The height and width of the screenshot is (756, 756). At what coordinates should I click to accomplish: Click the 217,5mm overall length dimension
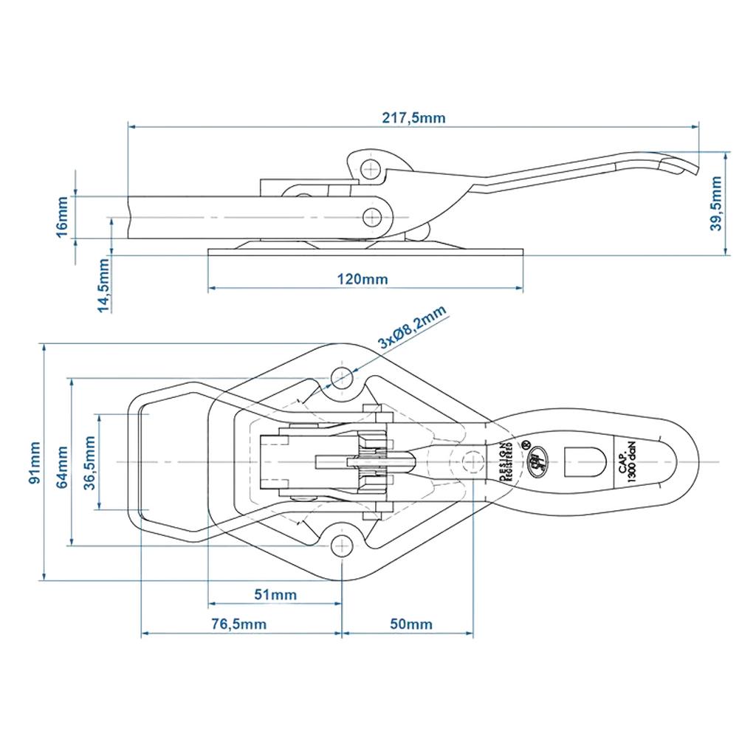pyautogui.click(x=413, y=117)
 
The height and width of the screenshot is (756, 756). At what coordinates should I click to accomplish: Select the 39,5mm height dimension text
pyautogui.click(x=715, y=204)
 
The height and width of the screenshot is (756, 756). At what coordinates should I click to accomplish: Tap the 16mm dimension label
pyautogui.click(x=62, y=217)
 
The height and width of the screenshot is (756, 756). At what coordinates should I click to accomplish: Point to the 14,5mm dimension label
pyautogui.click(x=103, y=284)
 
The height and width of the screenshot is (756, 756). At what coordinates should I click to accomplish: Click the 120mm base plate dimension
pyautogui.click(x=363, y=279)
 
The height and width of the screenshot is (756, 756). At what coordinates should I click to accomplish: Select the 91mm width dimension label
pyautogui.click(x=34, y=462)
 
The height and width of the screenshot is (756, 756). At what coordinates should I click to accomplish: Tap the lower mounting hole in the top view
pyautogui.click(x=341, y=546)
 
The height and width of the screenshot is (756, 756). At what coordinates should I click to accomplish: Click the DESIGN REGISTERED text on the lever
pyautogui.click(x=506, y=462)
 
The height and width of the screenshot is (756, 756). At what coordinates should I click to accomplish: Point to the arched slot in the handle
pyautogui.click(x=578, y=461)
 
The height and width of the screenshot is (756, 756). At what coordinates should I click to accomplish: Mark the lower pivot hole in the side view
pyautogui.click(x=373, y=216)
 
